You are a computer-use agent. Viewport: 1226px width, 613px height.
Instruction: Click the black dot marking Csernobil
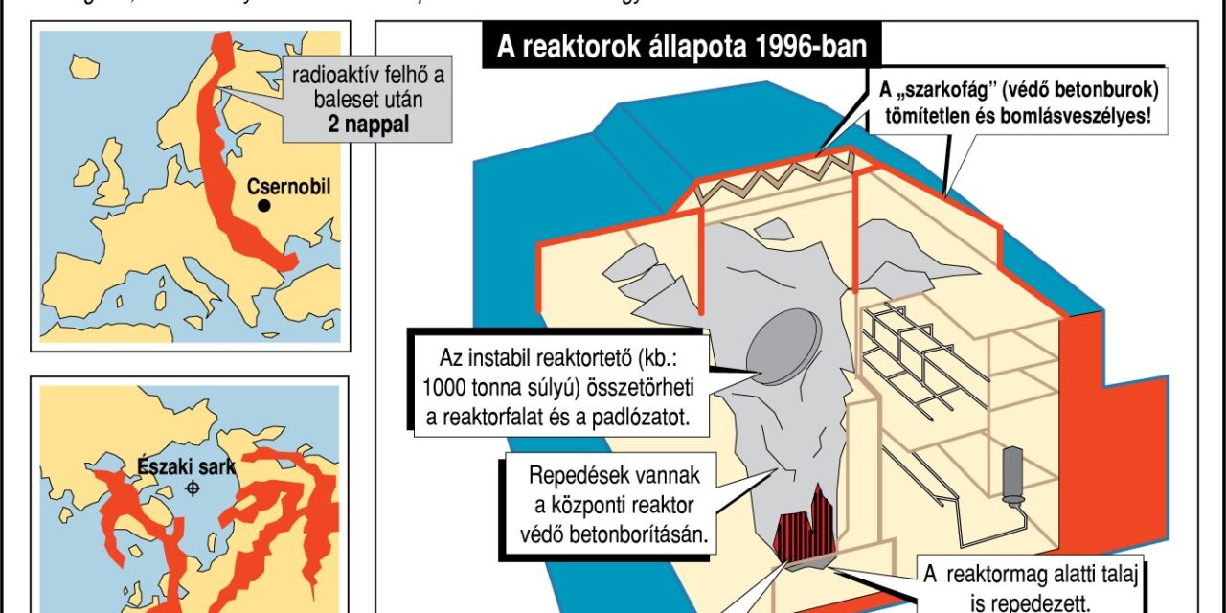tap(263, 206)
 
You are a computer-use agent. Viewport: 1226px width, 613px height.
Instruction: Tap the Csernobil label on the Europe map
tap(288, 187)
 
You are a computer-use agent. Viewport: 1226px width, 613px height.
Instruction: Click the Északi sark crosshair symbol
tap(193, 488)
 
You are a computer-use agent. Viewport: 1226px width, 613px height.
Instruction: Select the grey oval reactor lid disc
tap(783, 343)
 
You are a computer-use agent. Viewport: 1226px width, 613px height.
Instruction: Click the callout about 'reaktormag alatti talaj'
tap(1031, 586)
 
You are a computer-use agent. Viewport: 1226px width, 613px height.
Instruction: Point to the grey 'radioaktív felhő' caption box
tap(357, 97)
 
